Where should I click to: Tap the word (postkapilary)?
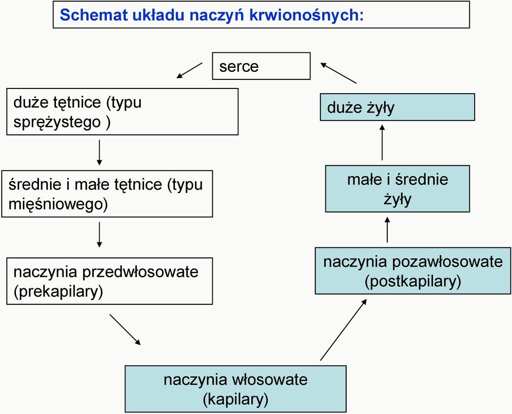[x=413, y=281]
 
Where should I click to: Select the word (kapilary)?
[x=236, y=400]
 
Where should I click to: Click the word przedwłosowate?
[x=140, y=272]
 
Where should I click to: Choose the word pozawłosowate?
[x=447, y=262]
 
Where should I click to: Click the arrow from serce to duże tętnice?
[x=189, y=70]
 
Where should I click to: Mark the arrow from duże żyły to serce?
[x=338, y=73]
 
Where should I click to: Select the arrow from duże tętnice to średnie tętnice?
[x=99, y=153]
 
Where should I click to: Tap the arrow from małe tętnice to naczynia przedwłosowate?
[x=99, y=234]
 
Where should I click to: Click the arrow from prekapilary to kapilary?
[x=125, y=330]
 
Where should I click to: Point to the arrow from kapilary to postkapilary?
[x=343, y=330]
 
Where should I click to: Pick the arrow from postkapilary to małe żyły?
[x=387, y=230]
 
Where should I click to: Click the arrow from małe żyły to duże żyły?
[x=382, y=142]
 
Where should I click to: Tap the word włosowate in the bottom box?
[x=269, y=380]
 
